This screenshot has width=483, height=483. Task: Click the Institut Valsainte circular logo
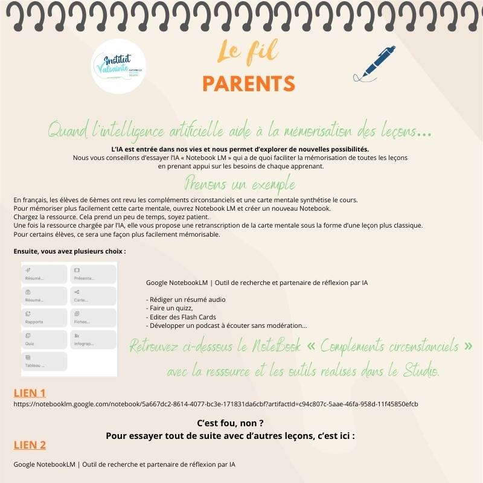coord(120,68)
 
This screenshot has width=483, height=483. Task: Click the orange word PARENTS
coord(249,84)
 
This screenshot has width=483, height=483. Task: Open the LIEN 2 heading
coord(30,445)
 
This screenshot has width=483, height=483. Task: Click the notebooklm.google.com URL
coord(216,404)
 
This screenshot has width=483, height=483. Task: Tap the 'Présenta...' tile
coord(92,274)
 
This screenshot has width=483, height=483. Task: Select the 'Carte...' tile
coord(92,295)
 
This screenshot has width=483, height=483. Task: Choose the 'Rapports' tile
coord(45,317)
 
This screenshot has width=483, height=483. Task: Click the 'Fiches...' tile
coord(92,317)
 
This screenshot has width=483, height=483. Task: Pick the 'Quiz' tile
coord(45,339)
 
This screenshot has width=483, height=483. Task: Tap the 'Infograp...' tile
coord(92,339)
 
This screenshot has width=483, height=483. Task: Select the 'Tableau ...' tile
coord(45,361)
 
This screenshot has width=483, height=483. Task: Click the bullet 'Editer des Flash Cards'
coord(181,317)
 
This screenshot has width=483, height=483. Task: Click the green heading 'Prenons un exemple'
coord(240,182)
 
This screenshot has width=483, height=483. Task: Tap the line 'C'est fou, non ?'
coord(231,423)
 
